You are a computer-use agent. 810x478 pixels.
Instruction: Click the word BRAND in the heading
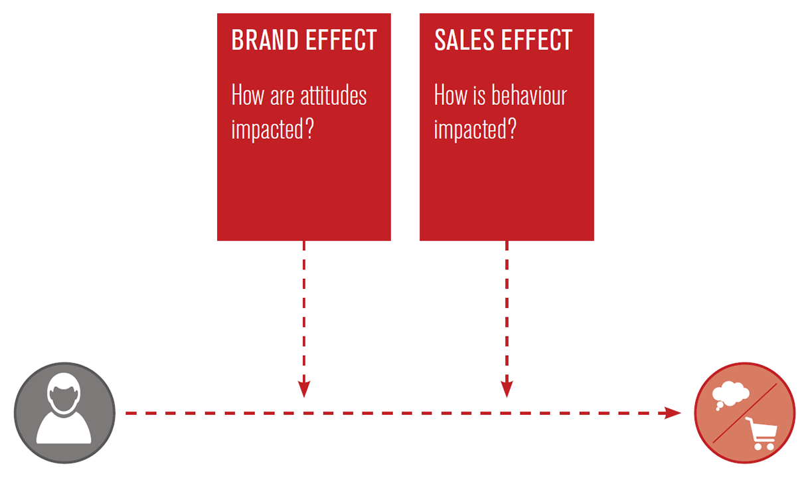click(x=265, y=40)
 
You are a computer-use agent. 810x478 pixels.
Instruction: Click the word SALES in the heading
click(x=464, y=40)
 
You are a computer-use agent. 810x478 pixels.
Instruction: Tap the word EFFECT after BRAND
click(x=341, y=40)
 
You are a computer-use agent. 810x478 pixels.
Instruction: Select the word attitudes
click(x=333, y=95)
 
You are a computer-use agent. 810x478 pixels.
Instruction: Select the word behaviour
click(x=529, y=95)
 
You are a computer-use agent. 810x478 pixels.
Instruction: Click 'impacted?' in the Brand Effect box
click(x=273, y=129)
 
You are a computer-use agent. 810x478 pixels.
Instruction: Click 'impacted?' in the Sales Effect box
click(x=475, y=129)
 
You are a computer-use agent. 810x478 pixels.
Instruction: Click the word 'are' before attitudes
click(x=282, y=98)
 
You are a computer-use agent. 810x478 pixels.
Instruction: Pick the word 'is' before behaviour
click(x=479, y=96)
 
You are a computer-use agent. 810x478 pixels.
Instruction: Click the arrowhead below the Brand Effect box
click(x=304, y=389)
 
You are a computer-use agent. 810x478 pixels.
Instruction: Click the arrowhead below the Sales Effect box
click(x=507, y=389)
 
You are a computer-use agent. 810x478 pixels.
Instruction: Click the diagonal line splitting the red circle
click(x=744, y=414)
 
